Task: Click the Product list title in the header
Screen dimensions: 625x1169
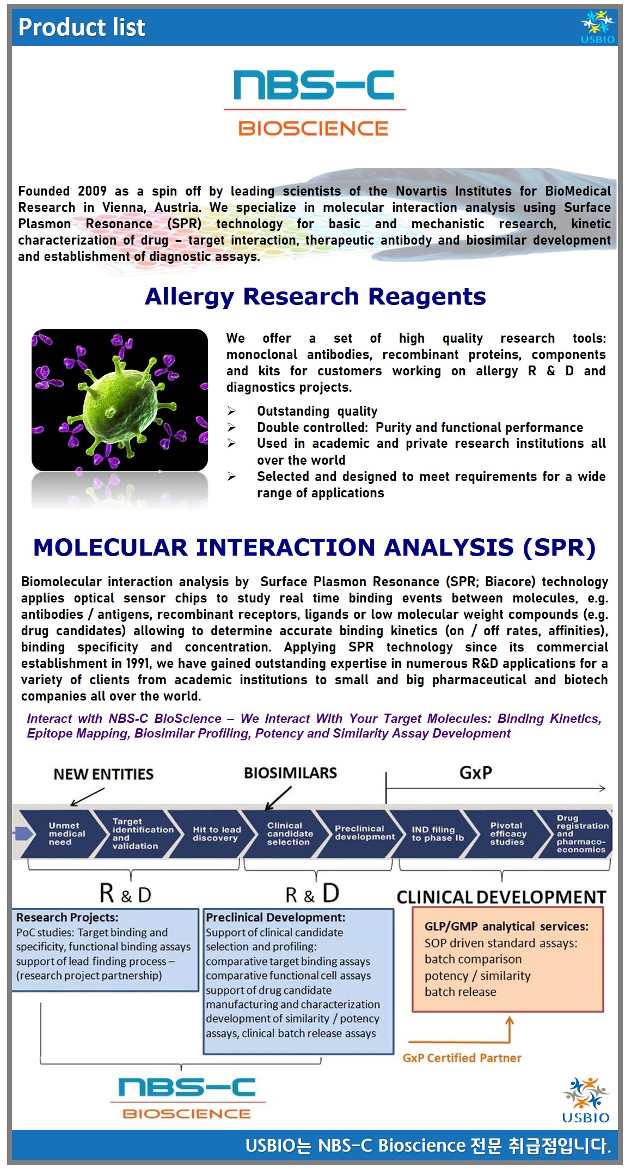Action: click(x=82, y=27)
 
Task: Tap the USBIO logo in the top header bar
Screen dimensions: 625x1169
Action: click(x=597, y=27)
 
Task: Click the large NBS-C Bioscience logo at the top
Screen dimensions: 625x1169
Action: click(x=314, y=103)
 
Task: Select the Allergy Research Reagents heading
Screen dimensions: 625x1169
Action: click(x=315, y=296)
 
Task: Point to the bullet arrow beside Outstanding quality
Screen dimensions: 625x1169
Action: click(x=232, y=411)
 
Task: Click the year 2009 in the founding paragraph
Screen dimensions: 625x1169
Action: click(x=92, y=191)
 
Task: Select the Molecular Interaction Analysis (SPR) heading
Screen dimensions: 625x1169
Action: click(x=315, y=547)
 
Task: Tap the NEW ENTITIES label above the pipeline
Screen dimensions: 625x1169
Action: click(x=103, y=774)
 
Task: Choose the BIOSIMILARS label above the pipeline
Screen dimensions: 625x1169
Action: click(x=290, y=773)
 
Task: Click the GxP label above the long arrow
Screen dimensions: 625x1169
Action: click(x=476, y=772)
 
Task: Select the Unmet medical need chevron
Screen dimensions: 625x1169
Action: click(x=60, y=834)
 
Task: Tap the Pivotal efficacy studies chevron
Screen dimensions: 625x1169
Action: click(x=507, y=834)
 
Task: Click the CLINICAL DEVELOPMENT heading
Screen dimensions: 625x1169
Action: click(x=501, y=897)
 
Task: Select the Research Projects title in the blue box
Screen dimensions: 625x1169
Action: click(x=67, y=917)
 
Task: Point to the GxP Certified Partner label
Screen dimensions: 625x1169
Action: click(x=462, y=1058)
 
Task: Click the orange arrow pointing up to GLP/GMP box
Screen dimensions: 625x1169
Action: click(x=509, y=1030)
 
